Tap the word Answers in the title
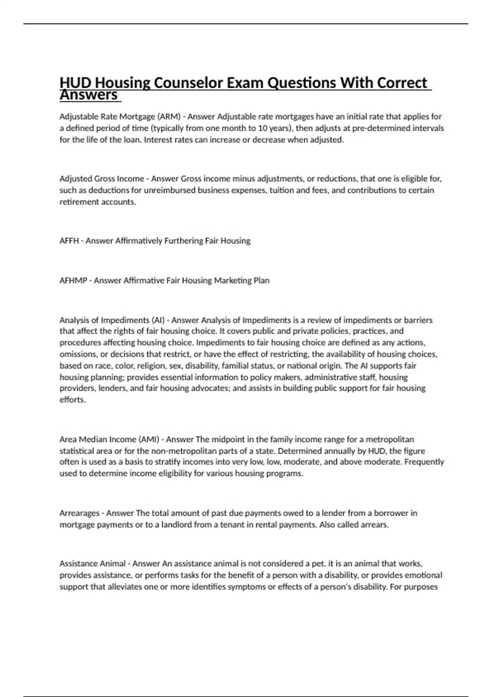(x=89, y=95)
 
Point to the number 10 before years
(x=260, y=128)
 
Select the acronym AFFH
(x=69, y=241)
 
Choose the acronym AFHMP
(x=73, y=280)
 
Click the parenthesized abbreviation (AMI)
(x=149, y=440)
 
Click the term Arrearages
(x=80, y=513)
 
